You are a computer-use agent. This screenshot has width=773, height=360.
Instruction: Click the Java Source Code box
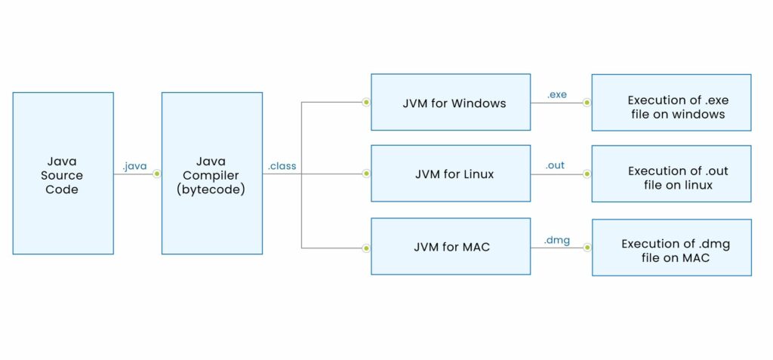click(63, 174)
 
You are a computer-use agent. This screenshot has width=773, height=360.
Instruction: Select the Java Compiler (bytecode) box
click(212, 174)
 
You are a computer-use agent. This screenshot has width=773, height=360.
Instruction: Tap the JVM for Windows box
click(450, 102)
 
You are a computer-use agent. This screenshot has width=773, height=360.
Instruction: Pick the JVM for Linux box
click(450, 174)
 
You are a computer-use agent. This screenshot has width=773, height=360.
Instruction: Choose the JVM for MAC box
click(450, 247)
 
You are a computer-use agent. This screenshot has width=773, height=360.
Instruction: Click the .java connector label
click(134, 166)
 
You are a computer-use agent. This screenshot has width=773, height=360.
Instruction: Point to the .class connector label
click(282, 166)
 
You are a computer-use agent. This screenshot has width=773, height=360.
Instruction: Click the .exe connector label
click(556, 94)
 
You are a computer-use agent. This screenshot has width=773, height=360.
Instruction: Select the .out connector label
click(555, 166)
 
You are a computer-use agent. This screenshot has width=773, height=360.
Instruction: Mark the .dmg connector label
click(556, 241)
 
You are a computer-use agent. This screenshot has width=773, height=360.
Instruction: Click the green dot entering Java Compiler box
click(157, 174)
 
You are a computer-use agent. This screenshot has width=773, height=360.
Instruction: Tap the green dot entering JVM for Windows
click(366, 102)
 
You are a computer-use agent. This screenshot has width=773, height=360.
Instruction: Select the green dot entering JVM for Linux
click(366, 174)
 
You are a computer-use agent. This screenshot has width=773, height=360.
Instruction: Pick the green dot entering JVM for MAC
click(366, 247)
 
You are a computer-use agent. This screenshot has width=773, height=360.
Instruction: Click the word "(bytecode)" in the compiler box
click(212, 188)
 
